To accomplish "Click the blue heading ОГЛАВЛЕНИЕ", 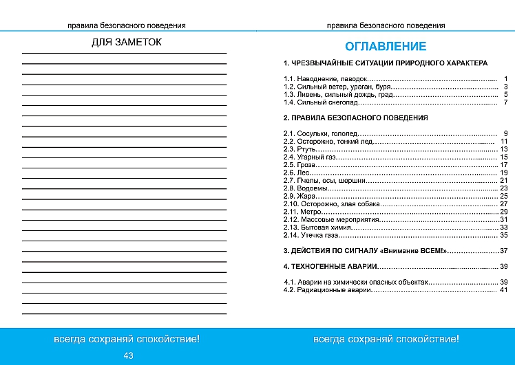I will pos(385,47).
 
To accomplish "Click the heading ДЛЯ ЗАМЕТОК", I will pos(127,43).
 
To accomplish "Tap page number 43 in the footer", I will pos(128,355).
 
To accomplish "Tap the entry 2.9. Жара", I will pos(299,196).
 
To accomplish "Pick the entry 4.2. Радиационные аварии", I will pos(327,290).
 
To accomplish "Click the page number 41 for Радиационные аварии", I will pos(503,290).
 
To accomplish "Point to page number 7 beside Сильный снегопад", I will pos(505,102).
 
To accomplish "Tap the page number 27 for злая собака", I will pos(503,204).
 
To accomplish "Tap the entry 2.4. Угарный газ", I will pos(309,157).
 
